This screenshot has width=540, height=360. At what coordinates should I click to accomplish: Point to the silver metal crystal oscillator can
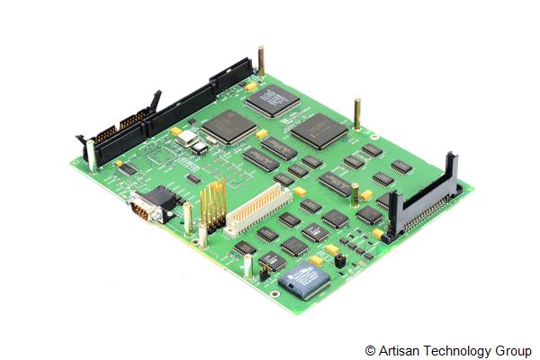pos(187,137)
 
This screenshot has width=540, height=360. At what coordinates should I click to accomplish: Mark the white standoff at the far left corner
pos(92,155)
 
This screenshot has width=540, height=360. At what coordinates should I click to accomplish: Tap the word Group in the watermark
pos(514,350)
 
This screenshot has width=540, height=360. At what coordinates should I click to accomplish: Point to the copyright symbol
pos(370,350)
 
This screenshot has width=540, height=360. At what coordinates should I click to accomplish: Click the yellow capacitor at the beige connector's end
pos(299,191)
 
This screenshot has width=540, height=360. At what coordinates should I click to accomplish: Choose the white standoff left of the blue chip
pos(247,265)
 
